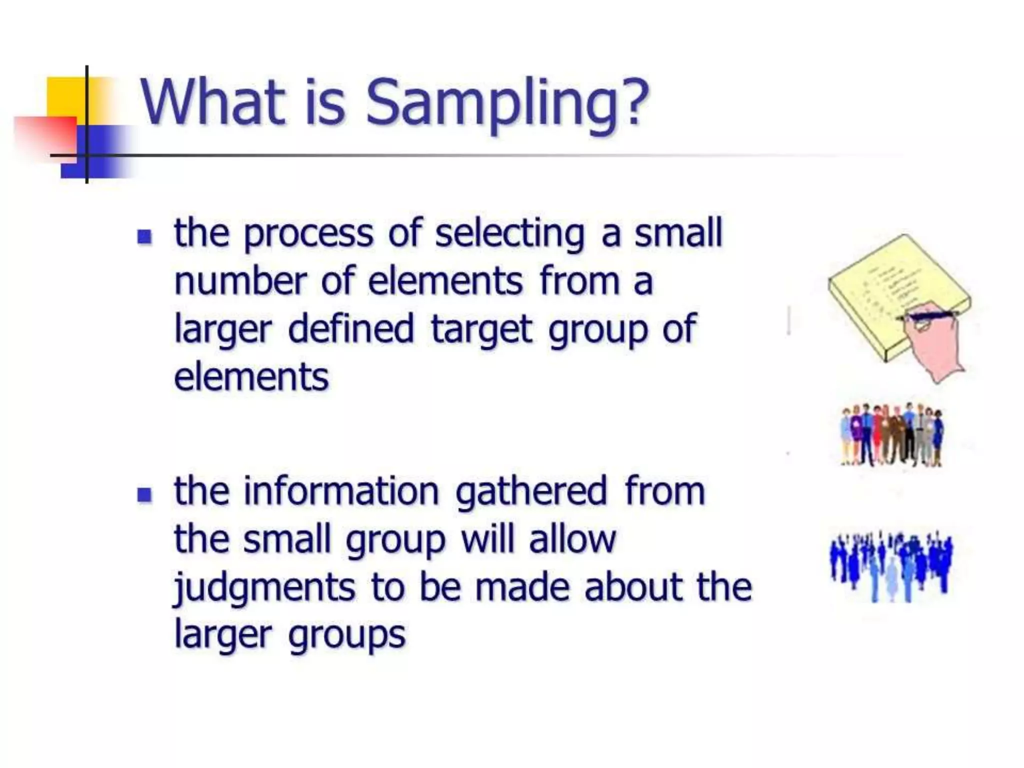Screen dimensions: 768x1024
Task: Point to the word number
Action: (240, 281)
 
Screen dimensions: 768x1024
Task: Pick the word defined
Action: (351, 329)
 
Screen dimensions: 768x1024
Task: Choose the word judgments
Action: (264, 588)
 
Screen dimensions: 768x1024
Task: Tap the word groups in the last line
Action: (346, 636)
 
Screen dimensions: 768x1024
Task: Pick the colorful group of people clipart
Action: (892, 435)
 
